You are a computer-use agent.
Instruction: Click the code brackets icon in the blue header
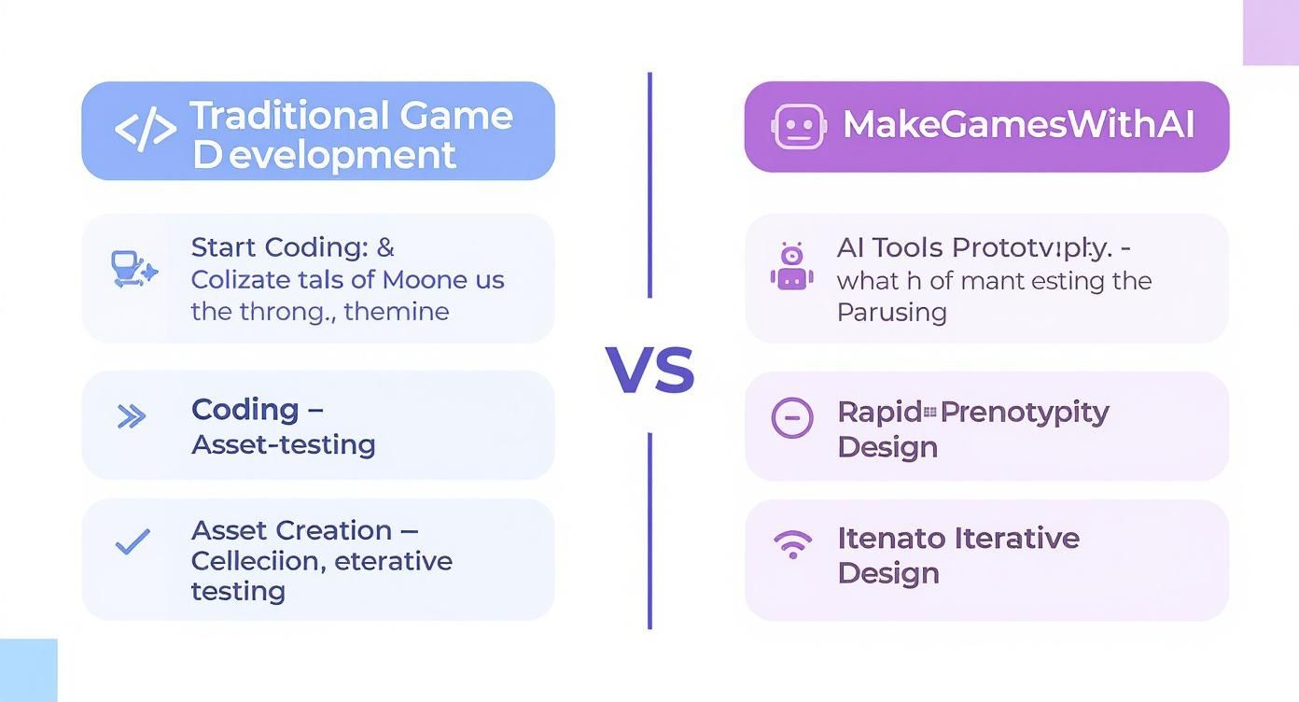[145, 130]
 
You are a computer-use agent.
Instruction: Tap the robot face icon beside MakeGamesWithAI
[798, 126]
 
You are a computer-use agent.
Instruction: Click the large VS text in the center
[649, 370]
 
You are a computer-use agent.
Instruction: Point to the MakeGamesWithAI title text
[1018, 125]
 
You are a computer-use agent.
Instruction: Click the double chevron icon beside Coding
[132, 416]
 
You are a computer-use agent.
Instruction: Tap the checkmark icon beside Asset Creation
[132, 541]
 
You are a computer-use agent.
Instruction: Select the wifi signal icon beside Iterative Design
[792, 544]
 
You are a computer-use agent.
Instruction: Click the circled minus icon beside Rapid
[791, 417]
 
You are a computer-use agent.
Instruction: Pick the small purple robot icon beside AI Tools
[791, 267]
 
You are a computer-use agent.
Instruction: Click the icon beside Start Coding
[133, 269]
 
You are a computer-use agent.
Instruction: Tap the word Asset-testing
[283, 444]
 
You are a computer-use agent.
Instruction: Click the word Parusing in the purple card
[891, 312]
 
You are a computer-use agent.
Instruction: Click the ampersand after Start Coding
[385, 247]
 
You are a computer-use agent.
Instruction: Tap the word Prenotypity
[1025, 412]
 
